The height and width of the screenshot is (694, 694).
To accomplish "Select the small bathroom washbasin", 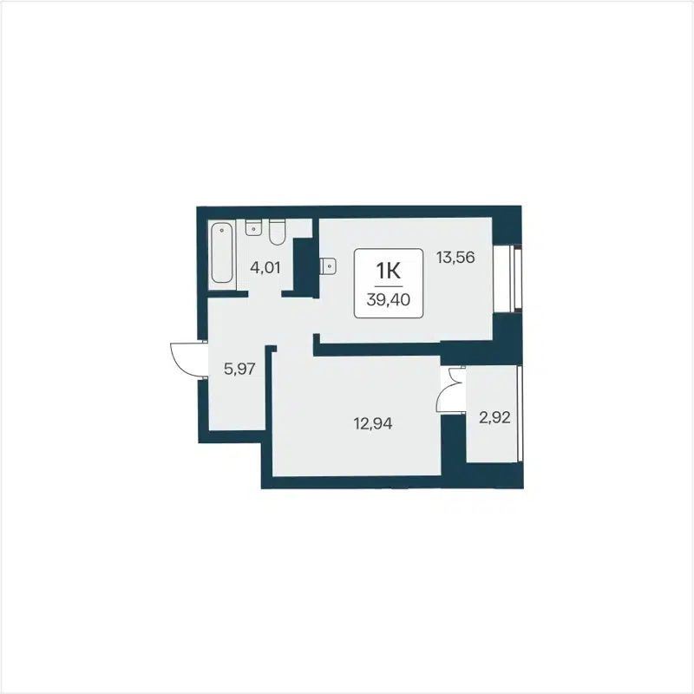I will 254,229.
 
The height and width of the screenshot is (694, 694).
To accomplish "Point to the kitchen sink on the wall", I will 326,266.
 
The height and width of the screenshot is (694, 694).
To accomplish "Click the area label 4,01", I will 265,266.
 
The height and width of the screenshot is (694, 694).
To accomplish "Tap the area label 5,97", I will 239,368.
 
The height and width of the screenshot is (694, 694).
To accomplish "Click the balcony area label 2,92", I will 494,417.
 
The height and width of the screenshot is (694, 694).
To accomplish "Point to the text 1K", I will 388,270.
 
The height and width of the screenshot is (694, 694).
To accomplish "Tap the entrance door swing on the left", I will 186,357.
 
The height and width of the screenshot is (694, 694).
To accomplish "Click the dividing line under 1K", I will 388,285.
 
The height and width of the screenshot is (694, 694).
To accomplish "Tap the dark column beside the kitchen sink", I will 304,267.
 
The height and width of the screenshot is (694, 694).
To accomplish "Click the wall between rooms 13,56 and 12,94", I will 377,349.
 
